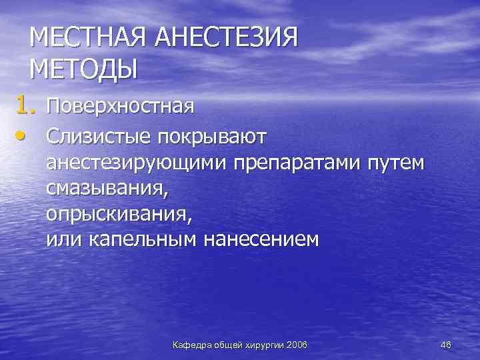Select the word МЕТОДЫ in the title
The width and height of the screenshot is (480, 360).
(x=83, y=69)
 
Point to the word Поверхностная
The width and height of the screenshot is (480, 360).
(x=120, y=106)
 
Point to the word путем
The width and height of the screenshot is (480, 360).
(x=396, y=163)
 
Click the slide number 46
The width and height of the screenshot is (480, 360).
(x=446, y=344)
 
